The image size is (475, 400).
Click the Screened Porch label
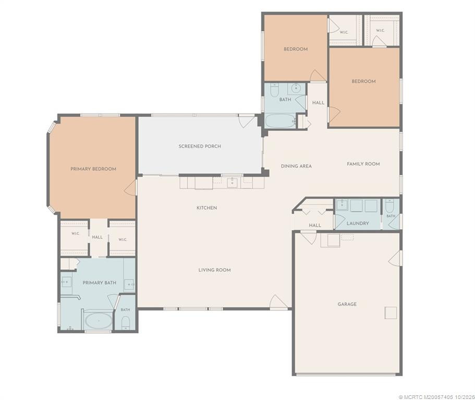coord(200,146)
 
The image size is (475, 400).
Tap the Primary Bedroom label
coord(93,169)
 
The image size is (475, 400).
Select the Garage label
coord(347,304)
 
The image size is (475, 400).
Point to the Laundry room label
coord(358,223)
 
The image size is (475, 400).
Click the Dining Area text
coord(296,166)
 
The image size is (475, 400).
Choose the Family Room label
coord(363,164)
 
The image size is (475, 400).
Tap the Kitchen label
coord(206,208)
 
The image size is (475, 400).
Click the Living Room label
coord(214,270)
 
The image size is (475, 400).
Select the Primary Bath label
coord(100,283)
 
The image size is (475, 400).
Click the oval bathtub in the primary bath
coord(99,321)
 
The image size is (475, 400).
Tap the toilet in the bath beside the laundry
coord(389,206)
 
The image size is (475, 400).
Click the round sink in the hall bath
coord(296,89)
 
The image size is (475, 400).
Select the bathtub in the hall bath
coord(280,121)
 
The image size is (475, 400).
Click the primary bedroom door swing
coord(130,188)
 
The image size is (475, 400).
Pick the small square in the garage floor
coord(391,313)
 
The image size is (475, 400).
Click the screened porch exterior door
coord(247,121)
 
